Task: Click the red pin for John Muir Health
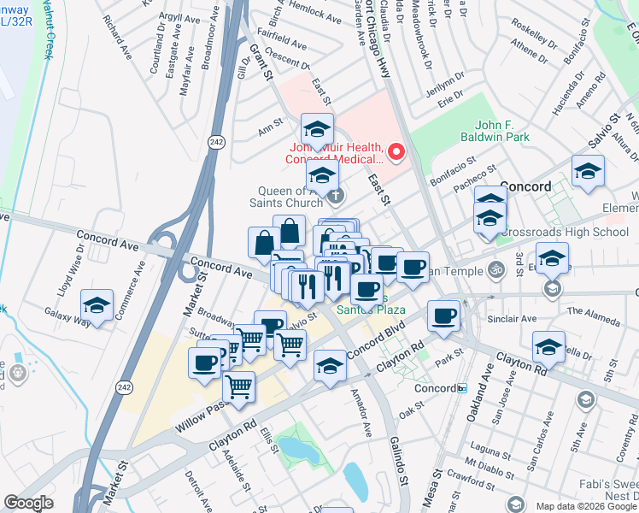pyautogui.click(x=396, y=152)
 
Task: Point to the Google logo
pyautogui.click(x=28, y=504)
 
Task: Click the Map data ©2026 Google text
pyautogui.click(x=586, y=506)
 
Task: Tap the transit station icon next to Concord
pyautogui.click(x=462, y=387)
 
